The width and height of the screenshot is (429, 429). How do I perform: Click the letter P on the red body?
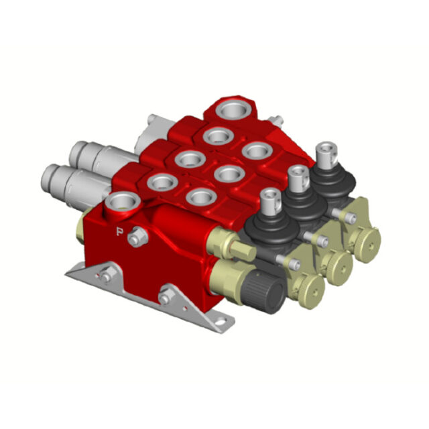119,232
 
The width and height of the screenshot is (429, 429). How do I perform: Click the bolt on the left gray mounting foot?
105,275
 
